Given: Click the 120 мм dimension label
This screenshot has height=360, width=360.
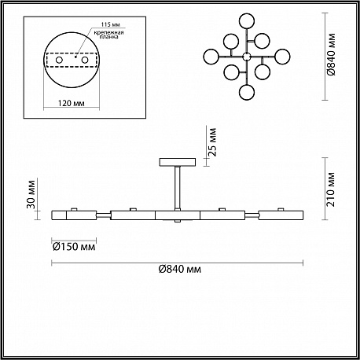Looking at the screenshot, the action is coord(72,103).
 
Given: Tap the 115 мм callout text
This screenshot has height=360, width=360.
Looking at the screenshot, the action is coord(111,24).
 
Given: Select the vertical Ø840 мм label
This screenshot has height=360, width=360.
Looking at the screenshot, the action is coord(331,55).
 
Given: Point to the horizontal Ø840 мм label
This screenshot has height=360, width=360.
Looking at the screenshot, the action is coord(180,269).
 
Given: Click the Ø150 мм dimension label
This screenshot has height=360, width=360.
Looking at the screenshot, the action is coord(74,247).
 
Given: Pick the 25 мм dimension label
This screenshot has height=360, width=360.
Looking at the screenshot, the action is coord(213,142).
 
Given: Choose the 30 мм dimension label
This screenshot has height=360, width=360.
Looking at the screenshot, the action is coord(31,194).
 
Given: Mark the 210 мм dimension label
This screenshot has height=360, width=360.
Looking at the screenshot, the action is coord(331,189).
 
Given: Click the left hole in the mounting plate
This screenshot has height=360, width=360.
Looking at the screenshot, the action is coord(59,61).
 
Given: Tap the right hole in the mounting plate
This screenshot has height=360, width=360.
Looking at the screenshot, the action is coord(85,61).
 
